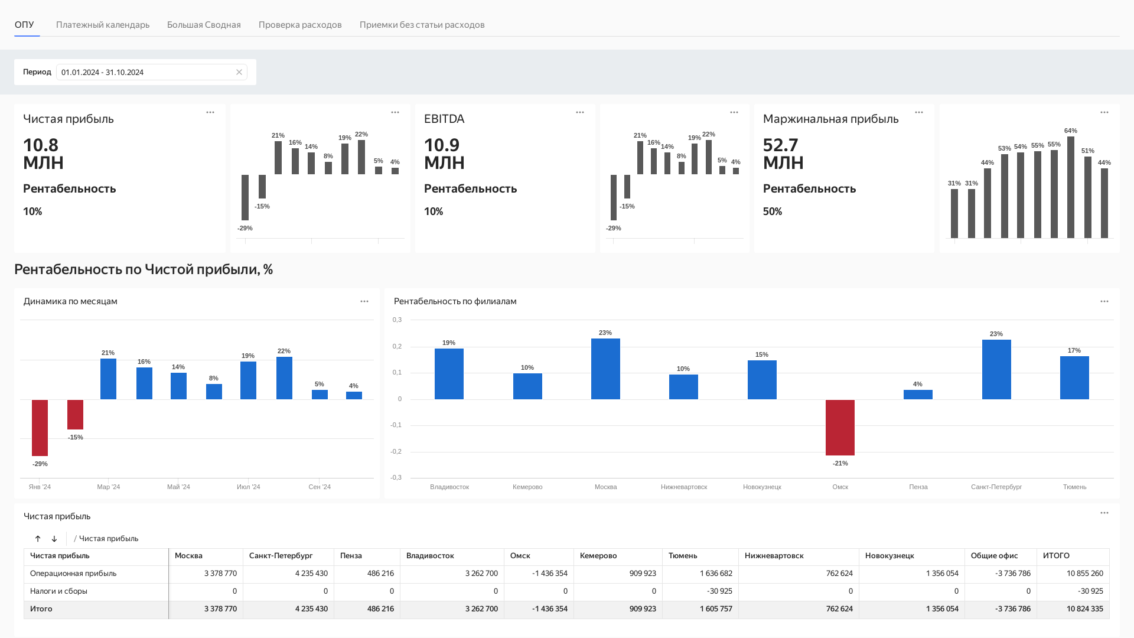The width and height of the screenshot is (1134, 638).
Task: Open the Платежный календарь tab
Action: pos(103,25)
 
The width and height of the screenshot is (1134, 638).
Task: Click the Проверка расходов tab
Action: pos(300,25)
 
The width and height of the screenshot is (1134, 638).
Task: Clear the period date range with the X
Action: pos(239,72)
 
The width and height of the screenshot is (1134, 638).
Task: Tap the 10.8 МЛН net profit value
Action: pos(43,154)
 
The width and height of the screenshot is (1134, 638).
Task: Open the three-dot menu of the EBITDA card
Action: pos(580,112)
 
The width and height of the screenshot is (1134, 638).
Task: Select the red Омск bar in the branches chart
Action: pos(840,428)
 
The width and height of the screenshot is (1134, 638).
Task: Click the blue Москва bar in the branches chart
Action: pos(605,369)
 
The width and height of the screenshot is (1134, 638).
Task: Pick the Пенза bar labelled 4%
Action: pos(918,395)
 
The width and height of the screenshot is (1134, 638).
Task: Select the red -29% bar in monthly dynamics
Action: pos(40,428)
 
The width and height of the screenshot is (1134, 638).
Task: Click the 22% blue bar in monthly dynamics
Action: pos(284,378)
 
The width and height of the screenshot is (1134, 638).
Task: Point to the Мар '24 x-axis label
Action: pos(109,487)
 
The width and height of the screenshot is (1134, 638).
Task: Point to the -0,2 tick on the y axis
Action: pos(396,451)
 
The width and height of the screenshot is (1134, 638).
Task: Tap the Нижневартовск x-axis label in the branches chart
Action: pos(684,487)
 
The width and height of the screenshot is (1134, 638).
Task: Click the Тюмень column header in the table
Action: pos(683,556)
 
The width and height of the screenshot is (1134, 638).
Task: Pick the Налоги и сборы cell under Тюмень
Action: pos(700,591)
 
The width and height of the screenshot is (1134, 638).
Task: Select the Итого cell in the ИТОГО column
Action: pos(1073,609)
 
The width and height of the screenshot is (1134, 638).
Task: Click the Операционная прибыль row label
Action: pos(73,574)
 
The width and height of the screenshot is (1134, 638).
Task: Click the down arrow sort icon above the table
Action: pos(54,539)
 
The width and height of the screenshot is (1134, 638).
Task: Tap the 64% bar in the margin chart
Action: pos(1071,187)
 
